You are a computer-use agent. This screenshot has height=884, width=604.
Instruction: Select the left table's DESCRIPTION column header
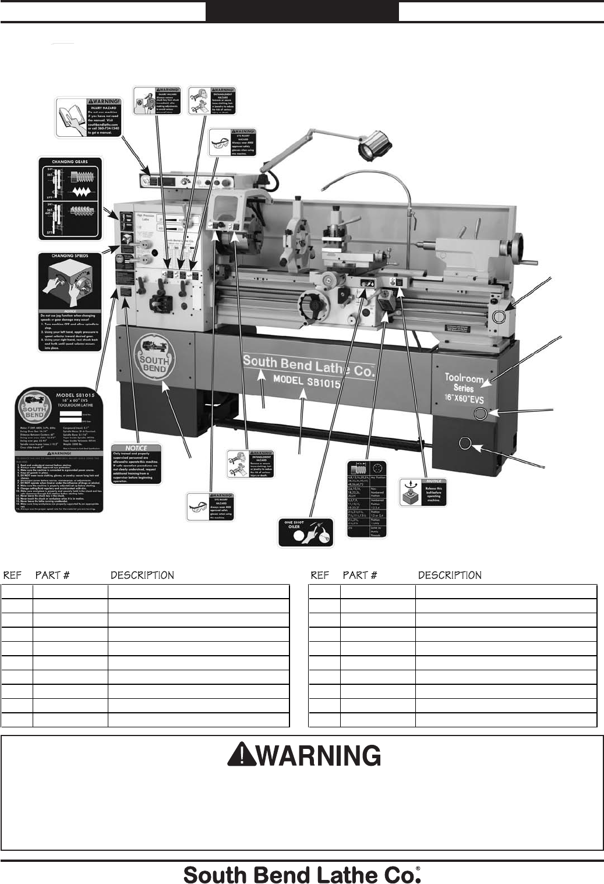pos(142,575)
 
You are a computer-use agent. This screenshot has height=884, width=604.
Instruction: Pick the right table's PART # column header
pos(360,575)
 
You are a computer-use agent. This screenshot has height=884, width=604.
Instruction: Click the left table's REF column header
pos(12,575)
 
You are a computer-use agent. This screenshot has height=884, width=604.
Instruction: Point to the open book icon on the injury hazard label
pos(73,116)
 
